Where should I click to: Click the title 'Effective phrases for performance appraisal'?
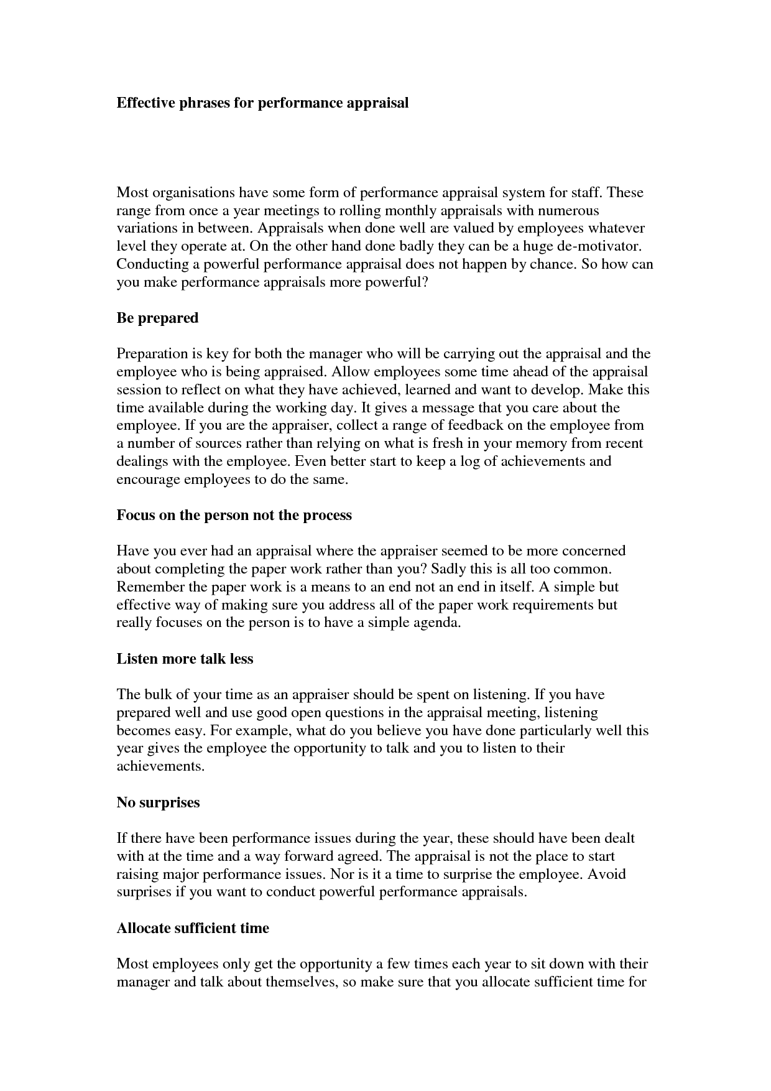[x=262, y=103]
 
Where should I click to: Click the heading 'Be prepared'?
[x=157, y=318]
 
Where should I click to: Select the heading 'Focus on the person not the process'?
[x=234, y=516]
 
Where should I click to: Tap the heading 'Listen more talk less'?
[x=185, y=659]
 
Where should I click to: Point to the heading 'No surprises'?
[x=158, y=803]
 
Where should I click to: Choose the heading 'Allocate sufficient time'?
[x=193, y=929]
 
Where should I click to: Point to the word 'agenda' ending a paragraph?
[x=435, y=623]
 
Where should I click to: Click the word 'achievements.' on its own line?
[x=160, y=767]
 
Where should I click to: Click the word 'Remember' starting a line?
[x=150, y=587]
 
